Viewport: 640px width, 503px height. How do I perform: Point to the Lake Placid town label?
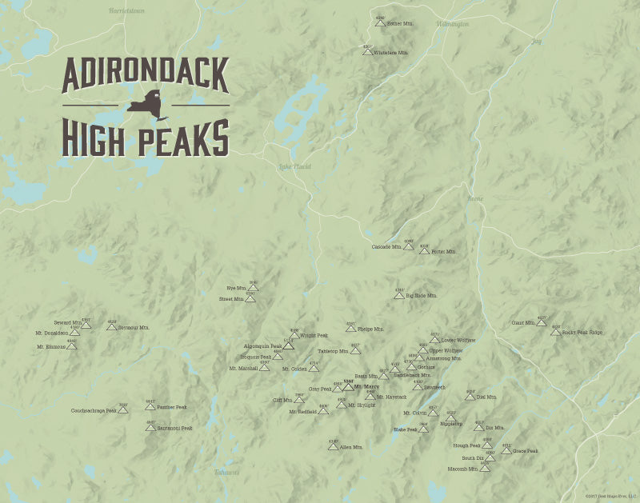click(294, 166)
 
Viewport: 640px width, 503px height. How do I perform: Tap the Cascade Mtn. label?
click(386, 247)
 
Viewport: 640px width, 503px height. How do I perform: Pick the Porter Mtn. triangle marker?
click(424, 251)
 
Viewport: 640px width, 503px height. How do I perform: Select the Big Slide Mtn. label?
click(422, 296)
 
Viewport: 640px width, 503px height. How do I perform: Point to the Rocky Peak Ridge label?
click(582, 332)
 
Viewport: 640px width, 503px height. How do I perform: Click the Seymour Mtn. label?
click(134, 328)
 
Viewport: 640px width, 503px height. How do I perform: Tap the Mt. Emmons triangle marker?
click(72, 347)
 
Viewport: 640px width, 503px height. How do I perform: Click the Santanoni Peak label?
click(174, 428)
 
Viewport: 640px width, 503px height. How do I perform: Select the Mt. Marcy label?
click(367, 387)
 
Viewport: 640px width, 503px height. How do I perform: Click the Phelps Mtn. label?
click(370, 329)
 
